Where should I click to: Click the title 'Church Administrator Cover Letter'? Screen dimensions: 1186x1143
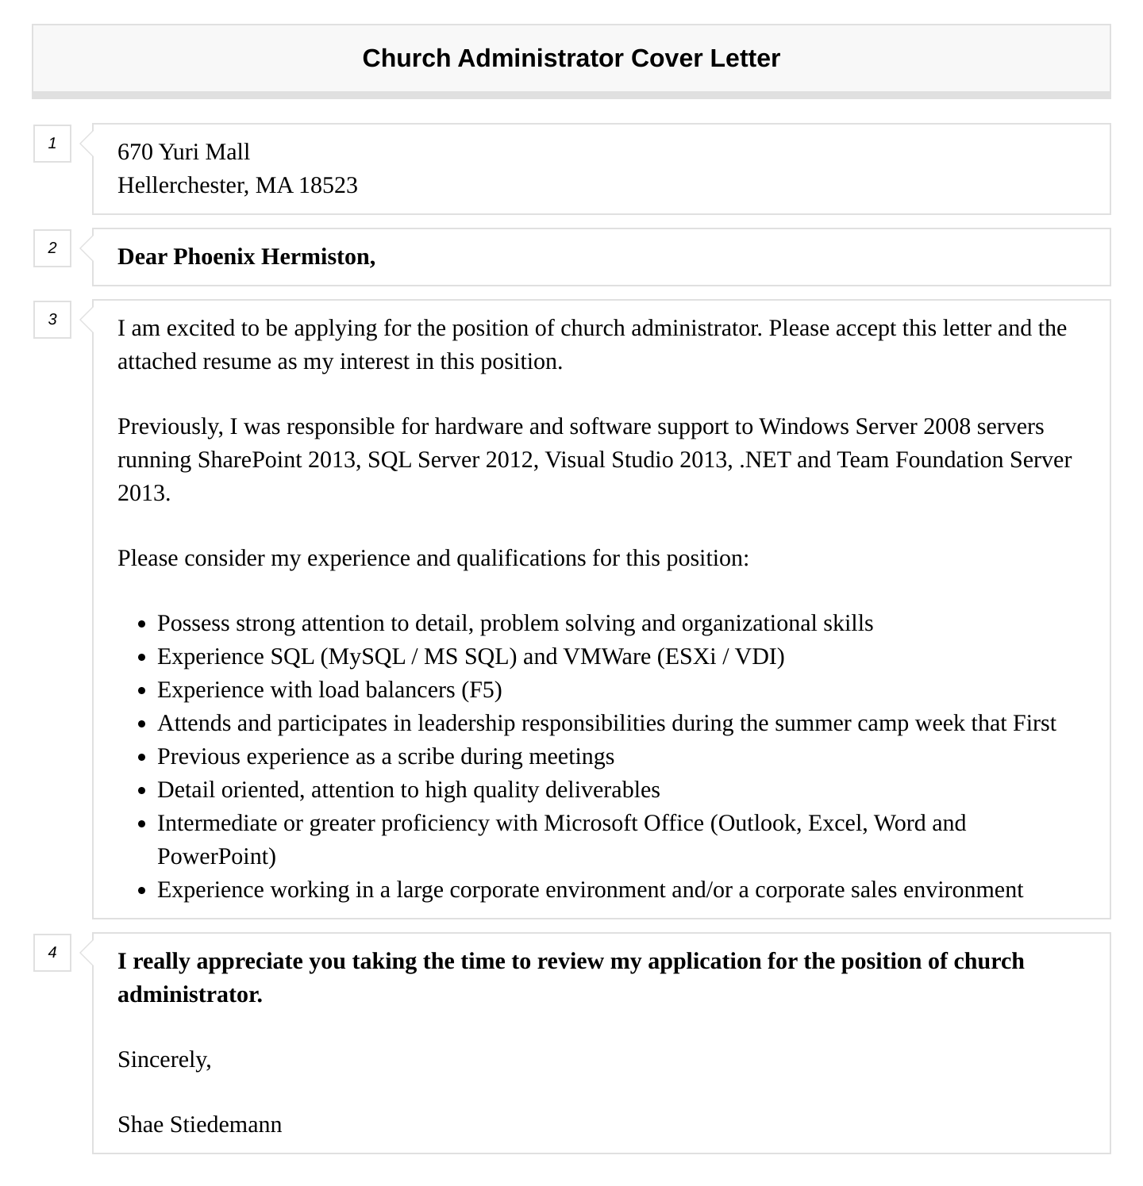click(x=571, y=59)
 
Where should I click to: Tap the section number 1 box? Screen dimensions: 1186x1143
click(x=52, y=144)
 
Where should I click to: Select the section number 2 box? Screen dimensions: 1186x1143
click(x=52, y=248)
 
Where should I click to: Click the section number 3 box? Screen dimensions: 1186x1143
click(x=52, y=320)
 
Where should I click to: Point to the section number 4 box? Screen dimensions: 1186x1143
click(x=52, y=953)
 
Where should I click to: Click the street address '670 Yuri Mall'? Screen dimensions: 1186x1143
click(x=183, y=152)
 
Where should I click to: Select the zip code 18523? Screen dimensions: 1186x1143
click(x=328, y=186)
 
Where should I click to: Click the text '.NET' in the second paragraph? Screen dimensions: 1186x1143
click(x=764, y=460)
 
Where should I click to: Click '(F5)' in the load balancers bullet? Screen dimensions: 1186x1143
click(x=481, y=690)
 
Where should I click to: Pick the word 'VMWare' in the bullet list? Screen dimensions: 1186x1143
click(x=606, y=657)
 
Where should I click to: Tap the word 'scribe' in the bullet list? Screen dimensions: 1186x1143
click(x=425, y=757)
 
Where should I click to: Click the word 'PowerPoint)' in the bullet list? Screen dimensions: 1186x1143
click(x=216, y=857)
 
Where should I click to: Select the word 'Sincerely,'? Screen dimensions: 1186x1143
click(x=164, y=1060)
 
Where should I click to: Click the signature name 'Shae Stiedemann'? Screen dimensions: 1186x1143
click(x=199, y=1125)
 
